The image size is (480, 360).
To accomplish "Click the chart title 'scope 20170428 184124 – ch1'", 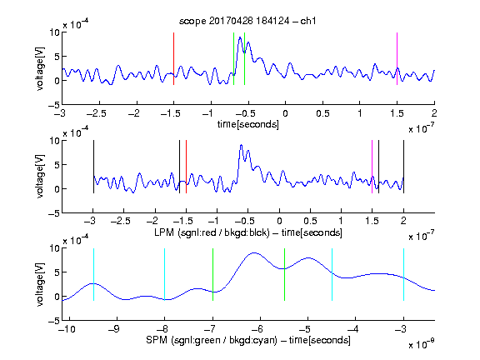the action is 247,21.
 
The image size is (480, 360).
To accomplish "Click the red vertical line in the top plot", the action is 173,58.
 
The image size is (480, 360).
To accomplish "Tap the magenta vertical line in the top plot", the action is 397,58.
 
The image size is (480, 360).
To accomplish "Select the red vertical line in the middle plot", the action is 186,167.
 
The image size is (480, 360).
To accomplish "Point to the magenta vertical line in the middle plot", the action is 372,167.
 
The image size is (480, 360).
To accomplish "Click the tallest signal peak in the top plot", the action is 240,37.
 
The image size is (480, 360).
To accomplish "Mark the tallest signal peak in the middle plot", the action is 241,145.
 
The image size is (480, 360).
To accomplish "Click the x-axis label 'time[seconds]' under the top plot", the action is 248,124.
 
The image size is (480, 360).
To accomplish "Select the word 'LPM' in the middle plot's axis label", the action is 164,232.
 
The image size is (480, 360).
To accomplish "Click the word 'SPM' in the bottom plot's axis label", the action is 156,340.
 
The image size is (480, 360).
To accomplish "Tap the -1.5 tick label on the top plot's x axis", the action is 170,113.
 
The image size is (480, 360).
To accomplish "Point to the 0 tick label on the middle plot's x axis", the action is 279,221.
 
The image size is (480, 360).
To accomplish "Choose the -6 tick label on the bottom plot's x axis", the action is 257,329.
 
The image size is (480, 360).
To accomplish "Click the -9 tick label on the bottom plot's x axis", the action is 114,329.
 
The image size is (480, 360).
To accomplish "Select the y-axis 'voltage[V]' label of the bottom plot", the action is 40,284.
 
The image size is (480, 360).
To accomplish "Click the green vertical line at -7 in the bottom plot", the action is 212,275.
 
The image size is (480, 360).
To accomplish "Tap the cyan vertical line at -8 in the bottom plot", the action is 164,275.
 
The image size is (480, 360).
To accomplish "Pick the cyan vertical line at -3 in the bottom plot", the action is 403,275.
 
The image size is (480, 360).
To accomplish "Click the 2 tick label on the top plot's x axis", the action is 434,113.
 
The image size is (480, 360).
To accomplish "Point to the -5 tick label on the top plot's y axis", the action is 53,105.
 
